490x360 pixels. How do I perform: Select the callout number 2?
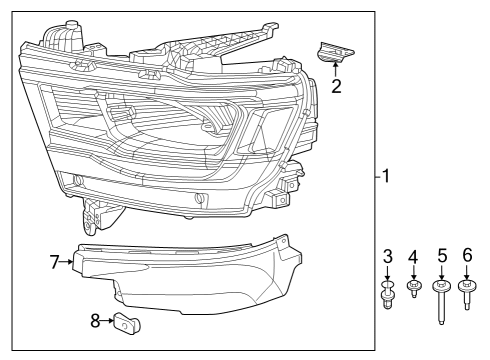[337, 86]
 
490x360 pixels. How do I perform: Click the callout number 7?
[56, 262]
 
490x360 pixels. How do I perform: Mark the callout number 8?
[95, 322]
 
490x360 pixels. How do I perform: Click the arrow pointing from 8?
[107, 322]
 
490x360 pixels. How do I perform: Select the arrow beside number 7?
[69, 262]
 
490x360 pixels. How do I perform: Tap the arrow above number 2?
[336, 70]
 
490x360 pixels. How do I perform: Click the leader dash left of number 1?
[376, 178]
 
